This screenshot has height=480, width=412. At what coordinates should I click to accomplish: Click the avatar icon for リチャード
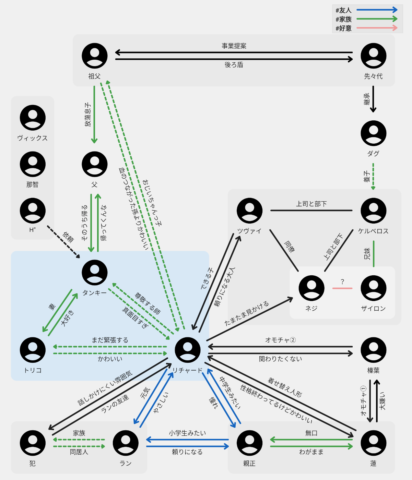point(188,350)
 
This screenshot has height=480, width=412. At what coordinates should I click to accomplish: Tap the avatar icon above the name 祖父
point(95,56)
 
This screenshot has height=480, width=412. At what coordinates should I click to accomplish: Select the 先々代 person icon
point(374,56)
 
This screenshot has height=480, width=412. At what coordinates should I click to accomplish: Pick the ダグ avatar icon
point(374,133)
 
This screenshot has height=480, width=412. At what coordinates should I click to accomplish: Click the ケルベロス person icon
point(374,211)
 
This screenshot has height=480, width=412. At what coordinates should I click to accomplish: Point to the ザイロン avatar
point(374,288)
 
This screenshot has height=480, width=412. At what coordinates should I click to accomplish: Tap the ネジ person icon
point(311,288)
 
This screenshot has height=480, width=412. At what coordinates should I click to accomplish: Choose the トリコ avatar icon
point(33,350)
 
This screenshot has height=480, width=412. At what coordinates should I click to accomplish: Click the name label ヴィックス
point(33,138)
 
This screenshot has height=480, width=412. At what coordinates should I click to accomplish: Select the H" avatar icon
point(33,211)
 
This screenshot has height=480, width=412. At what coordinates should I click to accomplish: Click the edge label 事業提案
point(234,46)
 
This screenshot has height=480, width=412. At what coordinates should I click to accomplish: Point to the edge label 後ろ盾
point(234,65)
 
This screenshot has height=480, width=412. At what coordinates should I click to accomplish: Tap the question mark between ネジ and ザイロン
point(342,282)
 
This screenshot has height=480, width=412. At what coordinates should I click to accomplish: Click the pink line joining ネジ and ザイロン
point(342,288)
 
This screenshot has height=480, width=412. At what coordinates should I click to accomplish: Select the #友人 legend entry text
point(343,10)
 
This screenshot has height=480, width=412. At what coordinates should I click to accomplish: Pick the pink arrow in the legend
point(377,28)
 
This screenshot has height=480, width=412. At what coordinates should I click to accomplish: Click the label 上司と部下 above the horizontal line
point(311,204)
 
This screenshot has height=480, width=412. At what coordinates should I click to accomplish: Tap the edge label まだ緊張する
point(110,340)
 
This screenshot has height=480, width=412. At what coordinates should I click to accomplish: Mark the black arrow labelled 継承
point(373,99)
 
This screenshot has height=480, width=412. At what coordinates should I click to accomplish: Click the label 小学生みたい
point(187,433)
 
